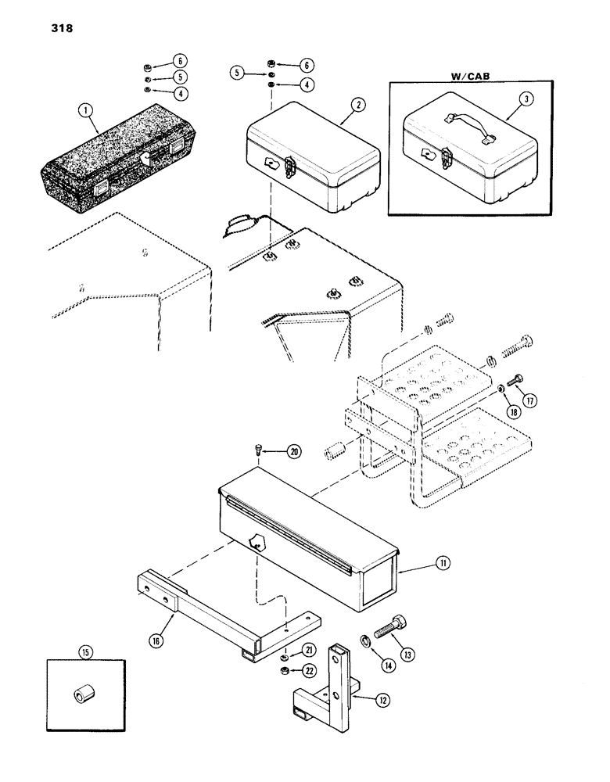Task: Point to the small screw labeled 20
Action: (258, 450)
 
